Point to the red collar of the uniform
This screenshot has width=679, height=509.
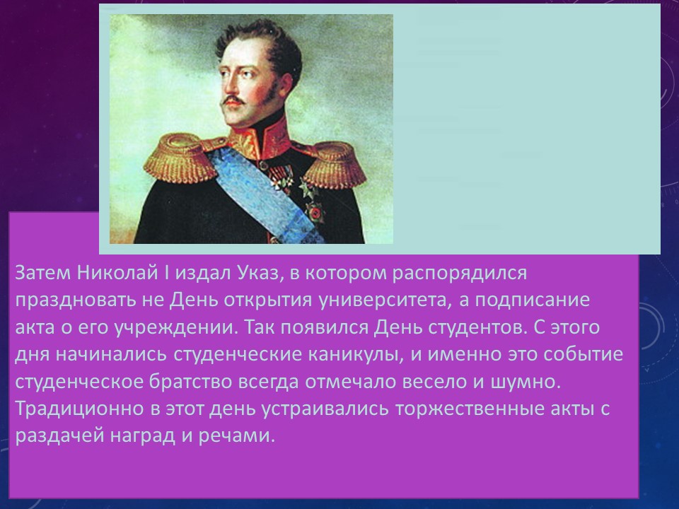[x=260, y=139]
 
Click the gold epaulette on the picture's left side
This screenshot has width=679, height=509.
[x=179, y=158]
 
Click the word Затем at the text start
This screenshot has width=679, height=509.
[x=42, y=273]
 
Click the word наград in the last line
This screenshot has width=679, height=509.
[x=142, y=436]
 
